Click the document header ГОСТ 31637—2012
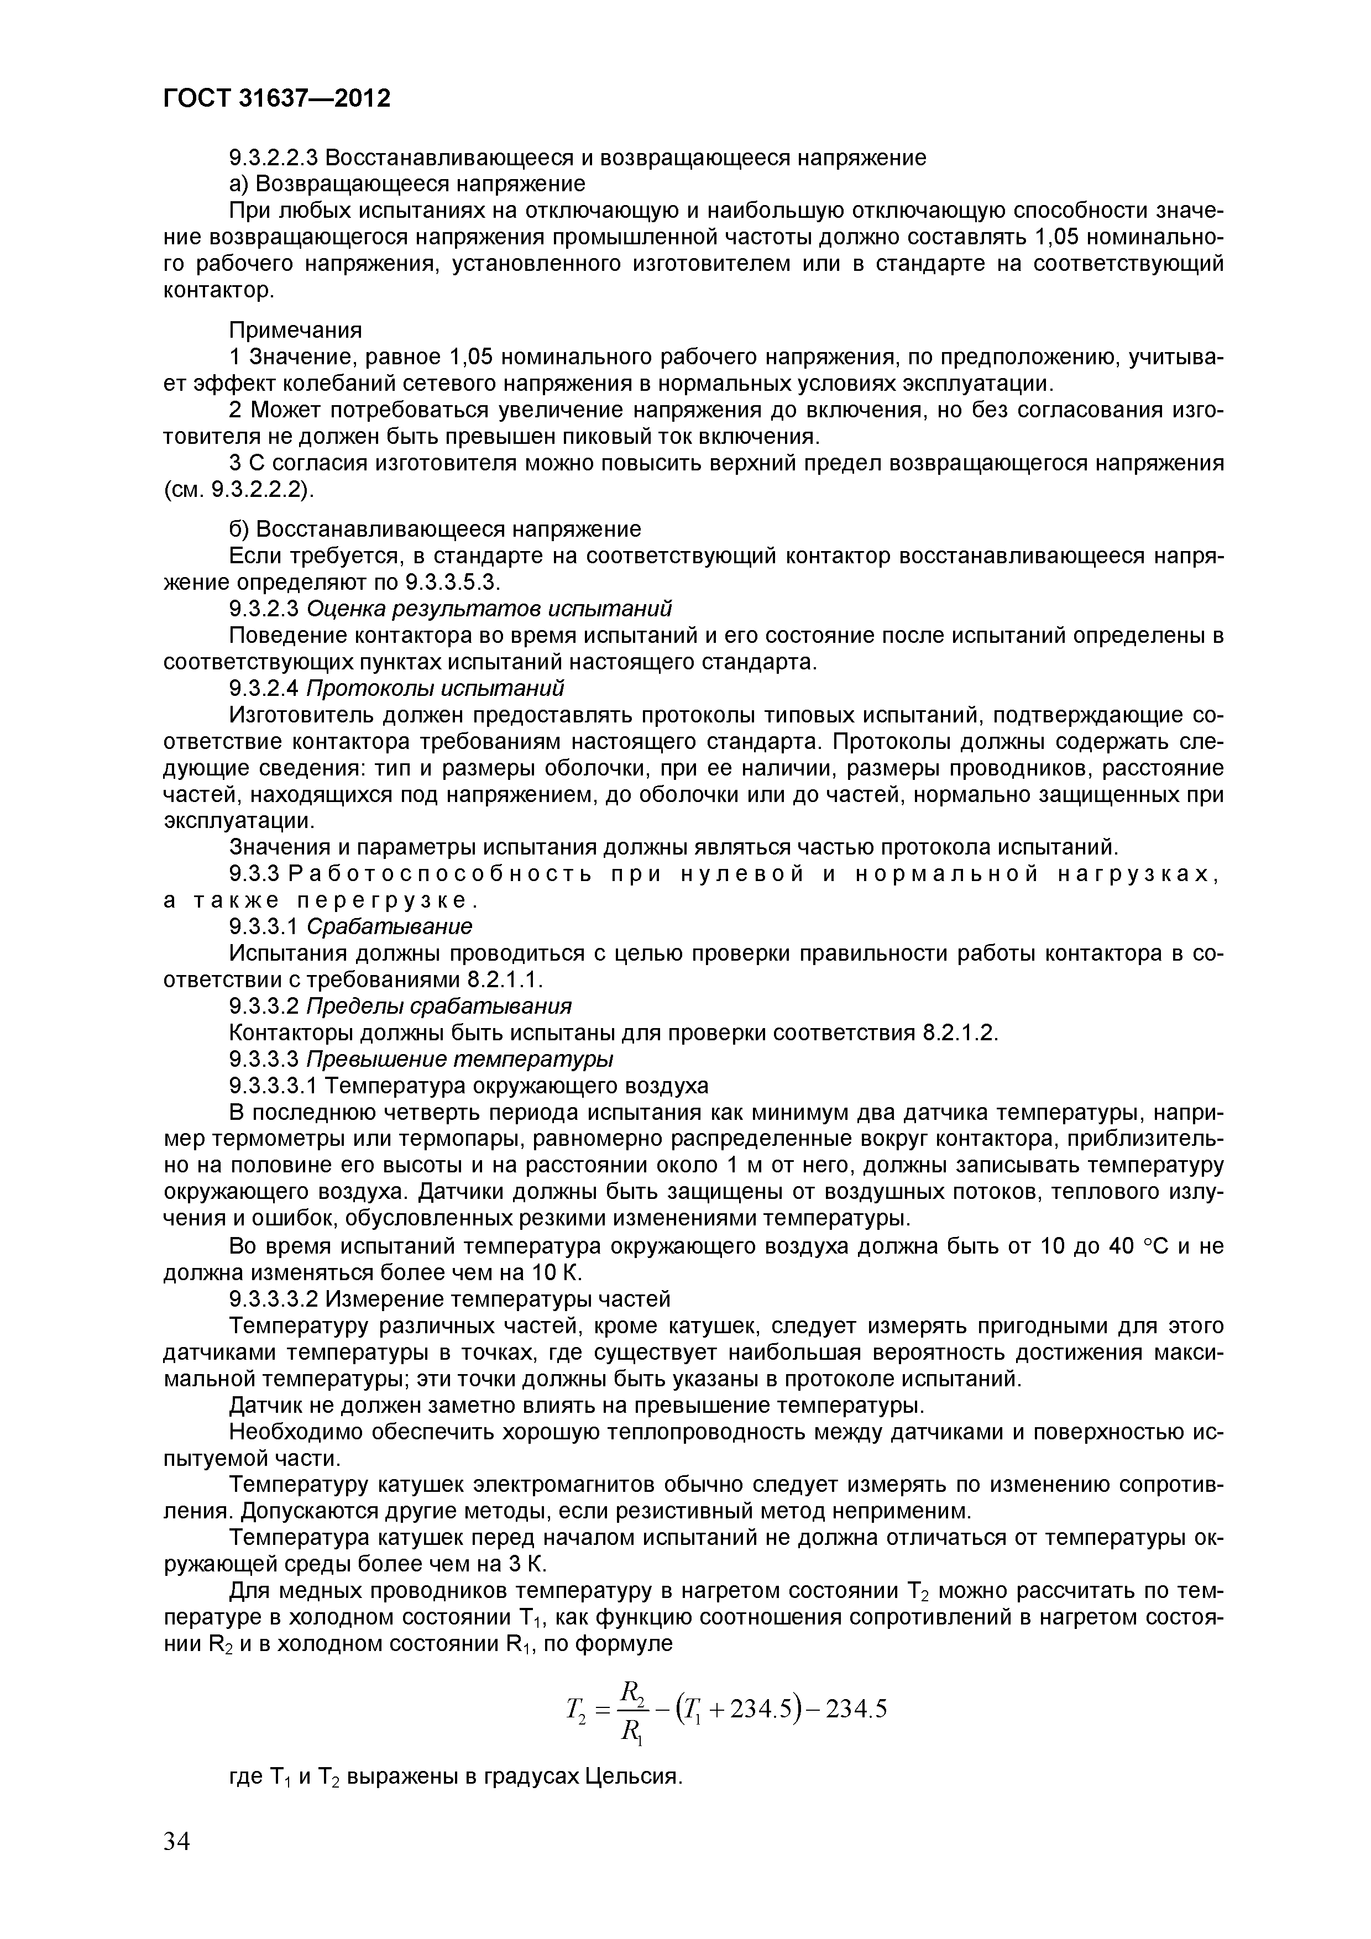pyautogui.click(x=276, y=99)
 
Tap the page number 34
pyautogui.click(x=177, y=1842)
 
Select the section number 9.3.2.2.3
pyautogui.click(x=275, y=158)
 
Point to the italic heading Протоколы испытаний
pyautogui.click(x=435, y=688)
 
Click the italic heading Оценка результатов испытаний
pyautogui.click(x=489, y=609)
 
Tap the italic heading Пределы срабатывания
pyautogui.click(x=438, y=1006)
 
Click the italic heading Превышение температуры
pyautogui.click(x=459, y=1059)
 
